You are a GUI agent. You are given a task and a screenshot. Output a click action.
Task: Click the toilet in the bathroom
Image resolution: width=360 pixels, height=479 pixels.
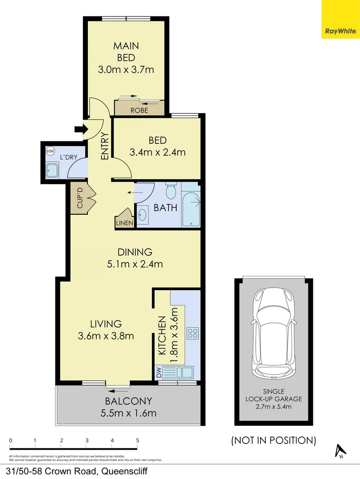[x=171, y=192]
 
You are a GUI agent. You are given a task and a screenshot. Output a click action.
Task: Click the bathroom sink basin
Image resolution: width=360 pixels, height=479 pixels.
[x=142, y=215]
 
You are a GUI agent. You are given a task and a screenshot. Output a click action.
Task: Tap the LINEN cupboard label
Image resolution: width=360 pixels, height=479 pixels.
[x=124, y=223]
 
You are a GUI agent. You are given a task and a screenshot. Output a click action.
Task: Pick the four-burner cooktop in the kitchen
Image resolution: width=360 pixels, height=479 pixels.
[x=193, y=333]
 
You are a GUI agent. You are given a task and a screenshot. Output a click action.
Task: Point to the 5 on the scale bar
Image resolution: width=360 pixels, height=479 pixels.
[x=138, y=440]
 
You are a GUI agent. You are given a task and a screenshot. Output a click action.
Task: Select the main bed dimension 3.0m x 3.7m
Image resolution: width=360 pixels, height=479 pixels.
[x=126, y=69]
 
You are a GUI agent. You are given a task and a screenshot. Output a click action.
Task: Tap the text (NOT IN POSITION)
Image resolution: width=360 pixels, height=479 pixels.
[x=273, y=440]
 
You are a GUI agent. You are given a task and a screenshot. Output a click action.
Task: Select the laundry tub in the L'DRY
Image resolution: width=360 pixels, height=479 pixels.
[x=52, y=170]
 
